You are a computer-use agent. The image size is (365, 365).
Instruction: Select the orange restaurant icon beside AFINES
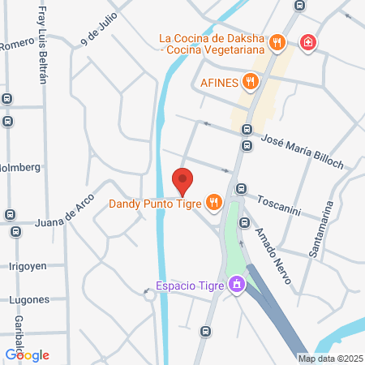[250, 80]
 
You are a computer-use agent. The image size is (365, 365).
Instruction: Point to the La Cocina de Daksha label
[213, 45]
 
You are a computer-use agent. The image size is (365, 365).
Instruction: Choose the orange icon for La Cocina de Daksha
[277, 42]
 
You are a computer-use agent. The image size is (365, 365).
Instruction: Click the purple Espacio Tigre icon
[236, 286]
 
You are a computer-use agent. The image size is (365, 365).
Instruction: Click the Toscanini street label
[280, 200]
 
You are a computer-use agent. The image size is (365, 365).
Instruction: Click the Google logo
[27, 354]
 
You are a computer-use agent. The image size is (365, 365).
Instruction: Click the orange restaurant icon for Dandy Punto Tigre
[213, 203]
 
